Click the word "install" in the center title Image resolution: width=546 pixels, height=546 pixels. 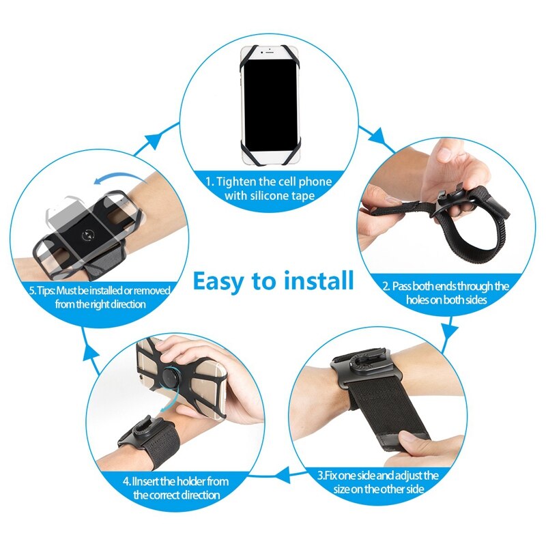321,281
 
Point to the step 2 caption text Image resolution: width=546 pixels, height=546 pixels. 445,293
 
